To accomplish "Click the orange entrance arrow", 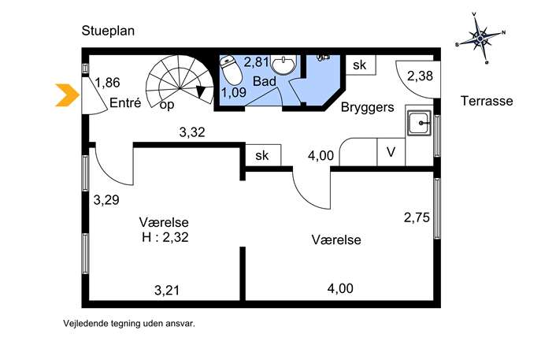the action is pyautogui.click(x=68, y=95).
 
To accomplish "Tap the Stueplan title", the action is pyautogui.click(x=108, y=31).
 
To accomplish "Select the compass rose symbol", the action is pyautogui.click(x=480, y=38).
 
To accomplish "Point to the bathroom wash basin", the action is pyautogui.click(x=283, y=64).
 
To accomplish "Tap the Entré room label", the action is pyautogui.click(x=125, y=103).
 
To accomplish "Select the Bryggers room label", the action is pyautogui.click(x=368, y=107).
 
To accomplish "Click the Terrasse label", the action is pyautogui.click(x=487, y=101).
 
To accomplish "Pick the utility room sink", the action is pyautogui.click(x=419, y=123).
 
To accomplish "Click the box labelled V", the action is pyautogui.click(x=391, y=152).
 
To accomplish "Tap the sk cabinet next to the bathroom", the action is pyautogui.click(x=361, y=65).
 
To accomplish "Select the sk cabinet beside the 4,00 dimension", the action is pyautogui.click(x=263, y=155).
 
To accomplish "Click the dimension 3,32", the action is pyautogui.click(x=192, y=132).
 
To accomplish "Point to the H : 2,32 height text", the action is pyautogui.click(x=165, y=237).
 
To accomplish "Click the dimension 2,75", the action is pyautogui.click(x=417, y=217).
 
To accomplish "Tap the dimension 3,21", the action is pyautogui.click(x=167, y=290).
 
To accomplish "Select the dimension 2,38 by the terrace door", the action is pyautogui.click(x=420, y=76).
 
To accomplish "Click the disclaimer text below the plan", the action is pyautogui.click(x=129, y=324).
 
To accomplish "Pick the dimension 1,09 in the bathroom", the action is pyautogui.click(x=234, y=92).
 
